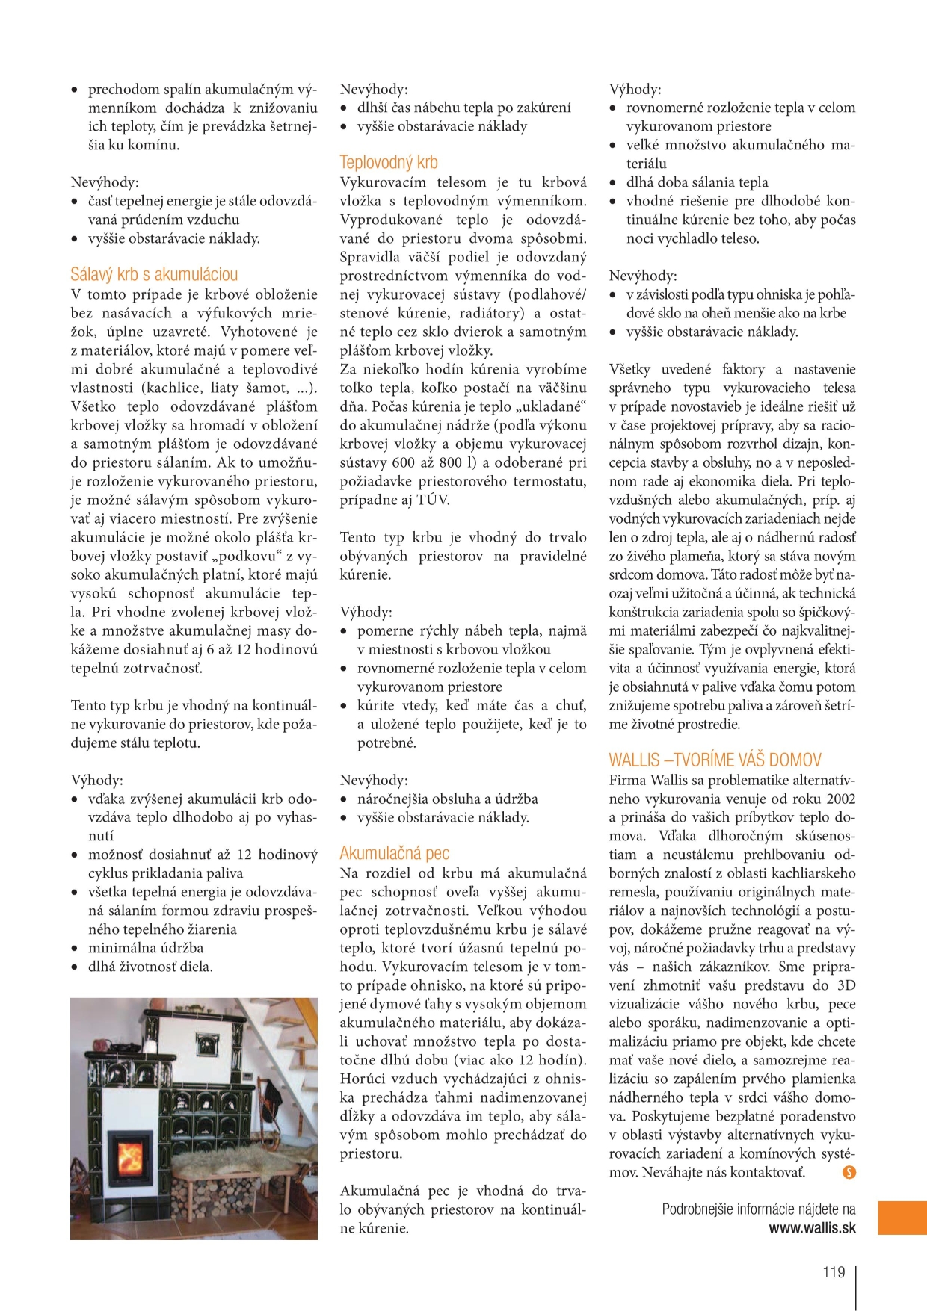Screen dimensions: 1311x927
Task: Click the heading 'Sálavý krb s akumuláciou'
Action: click(x=154, y=274)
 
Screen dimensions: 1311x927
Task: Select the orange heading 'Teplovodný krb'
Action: click(x=388, y=162)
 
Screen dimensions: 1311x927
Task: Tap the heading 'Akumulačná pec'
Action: click(x=394, y=853)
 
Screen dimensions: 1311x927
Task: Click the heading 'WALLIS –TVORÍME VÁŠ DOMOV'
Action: click(x=715, y=760)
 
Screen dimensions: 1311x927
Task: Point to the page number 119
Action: click(x=833, y=1272)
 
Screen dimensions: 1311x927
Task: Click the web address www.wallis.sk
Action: click(x=812, y=1228)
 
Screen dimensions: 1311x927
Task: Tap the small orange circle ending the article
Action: click(x=849, y=1172)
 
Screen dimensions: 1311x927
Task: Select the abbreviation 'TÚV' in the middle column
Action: click(x=432, y=500)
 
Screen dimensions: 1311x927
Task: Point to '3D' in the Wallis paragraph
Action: click(x=846, y=985)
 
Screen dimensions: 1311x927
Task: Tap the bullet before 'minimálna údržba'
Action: click(x=75, y=949)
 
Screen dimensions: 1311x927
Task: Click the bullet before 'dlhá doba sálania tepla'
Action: click(x=613, y=183)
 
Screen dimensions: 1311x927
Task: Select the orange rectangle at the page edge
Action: click(x=902, y=1218)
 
